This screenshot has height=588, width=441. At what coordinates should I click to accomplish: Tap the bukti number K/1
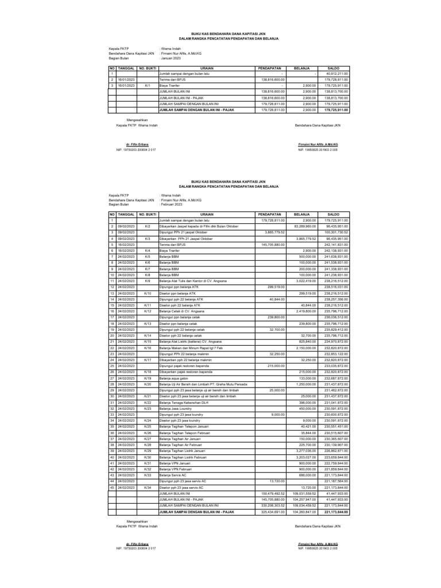tap(148, 84)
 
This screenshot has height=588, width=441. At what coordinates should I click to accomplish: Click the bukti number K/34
tap(148, 487)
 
